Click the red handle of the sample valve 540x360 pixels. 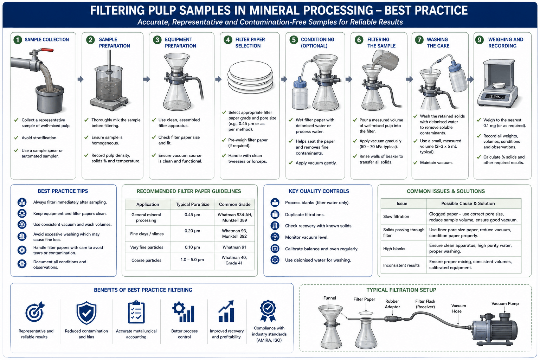[47, 50]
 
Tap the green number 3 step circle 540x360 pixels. [157, 40]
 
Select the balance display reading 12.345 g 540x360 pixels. [495, 97]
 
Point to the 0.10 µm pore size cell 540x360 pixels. [192, 247]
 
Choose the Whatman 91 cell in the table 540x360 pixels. [234, 247]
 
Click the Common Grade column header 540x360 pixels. [234, 204]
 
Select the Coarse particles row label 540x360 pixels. [146, 260]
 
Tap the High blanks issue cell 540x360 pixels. [394, 249]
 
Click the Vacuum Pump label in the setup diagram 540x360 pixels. [505, 303]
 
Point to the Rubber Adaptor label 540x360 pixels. [392, 304]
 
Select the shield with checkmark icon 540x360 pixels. [86, 313]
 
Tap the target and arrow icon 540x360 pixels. [35, 312]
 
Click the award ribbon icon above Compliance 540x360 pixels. [268, 311]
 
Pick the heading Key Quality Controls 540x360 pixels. [319, 191]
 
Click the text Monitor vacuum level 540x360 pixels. [307, 237]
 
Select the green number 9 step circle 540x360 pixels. [479, 40]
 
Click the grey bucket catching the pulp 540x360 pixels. [50, 99]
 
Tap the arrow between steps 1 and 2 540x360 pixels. [81, 79]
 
